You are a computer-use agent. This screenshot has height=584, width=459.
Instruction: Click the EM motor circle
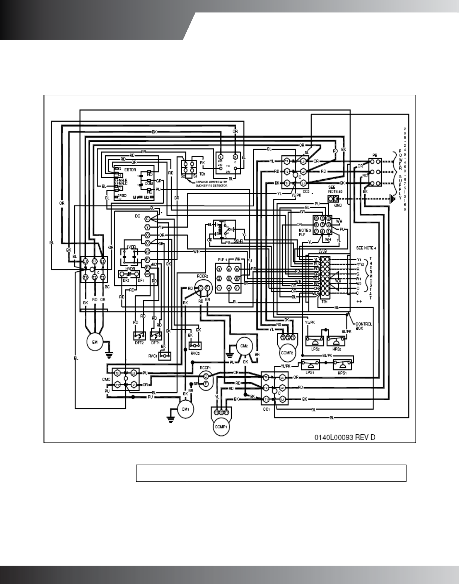(x=95, y=341)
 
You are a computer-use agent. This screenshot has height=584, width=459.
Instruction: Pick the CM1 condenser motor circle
(x=185, y=409)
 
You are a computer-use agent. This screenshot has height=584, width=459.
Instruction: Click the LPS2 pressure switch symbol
(x=315, y=341)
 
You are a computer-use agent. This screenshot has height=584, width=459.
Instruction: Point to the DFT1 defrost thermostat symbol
(x=155, y=334)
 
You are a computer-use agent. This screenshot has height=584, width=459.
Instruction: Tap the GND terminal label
(x=332, y=206)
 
